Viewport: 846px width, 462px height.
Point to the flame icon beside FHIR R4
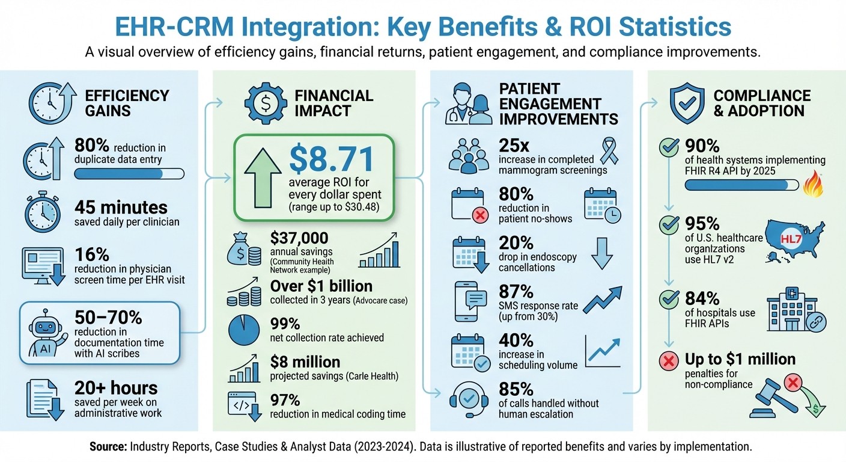(814, 183)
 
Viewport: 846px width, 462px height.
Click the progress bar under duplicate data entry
(129, 174)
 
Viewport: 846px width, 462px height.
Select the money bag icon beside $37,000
(243, 249)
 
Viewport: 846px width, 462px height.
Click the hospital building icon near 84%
(788, 313)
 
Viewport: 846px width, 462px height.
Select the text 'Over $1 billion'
(321, 286)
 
